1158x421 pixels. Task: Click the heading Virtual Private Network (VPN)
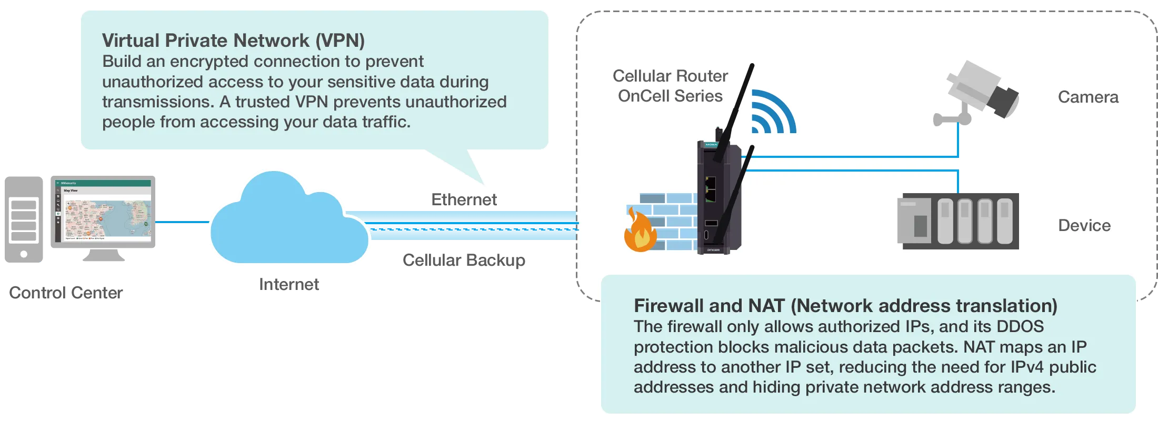click(233, 41)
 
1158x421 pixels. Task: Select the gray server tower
click(24, 218)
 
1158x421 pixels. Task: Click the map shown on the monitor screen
click(107, 218)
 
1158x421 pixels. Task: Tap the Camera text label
click(1088, 97)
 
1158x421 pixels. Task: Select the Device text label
click(1084, 226)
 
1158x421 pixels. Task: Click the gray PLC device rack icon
click(957, 221)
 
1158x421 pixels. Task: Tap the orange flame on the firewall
click(640, 233)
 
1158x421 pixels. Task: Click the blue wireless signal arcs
click(772, 113)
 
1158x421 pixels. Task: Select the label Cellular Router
click(670, 76)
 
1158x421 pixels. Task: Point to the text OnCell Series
click(670, 96)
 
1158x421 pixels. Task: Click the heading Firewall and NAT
click(845, 306)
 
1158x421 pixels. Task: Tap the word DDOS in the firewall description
click(1020, 327)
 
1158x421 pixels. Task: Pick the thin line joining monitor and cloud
click(182, 222)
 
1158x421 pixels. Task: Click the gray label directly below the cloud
click(288, 284)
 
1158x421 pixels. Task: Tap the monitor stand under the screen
click(103, 256)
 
